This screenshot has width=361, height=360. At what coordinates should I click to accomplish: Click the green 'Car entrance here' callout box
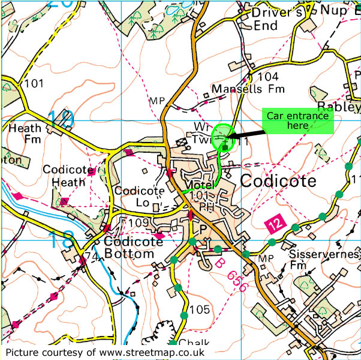click(297, 122)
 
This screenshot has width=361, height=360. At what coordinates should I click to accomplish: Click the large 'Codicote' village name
click(278, 181)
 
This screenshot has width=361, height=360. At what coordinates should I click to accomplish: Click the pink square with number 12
click(273, 223)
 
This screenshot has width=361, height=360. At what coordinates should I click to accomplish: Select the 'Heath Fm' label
click(25, 133)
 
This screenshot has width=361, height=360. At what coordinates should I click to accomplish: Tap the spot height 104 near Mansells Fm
click(268, 77)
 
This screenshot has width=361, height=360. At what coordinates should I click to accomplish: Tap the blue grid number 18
click(64, 240)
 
